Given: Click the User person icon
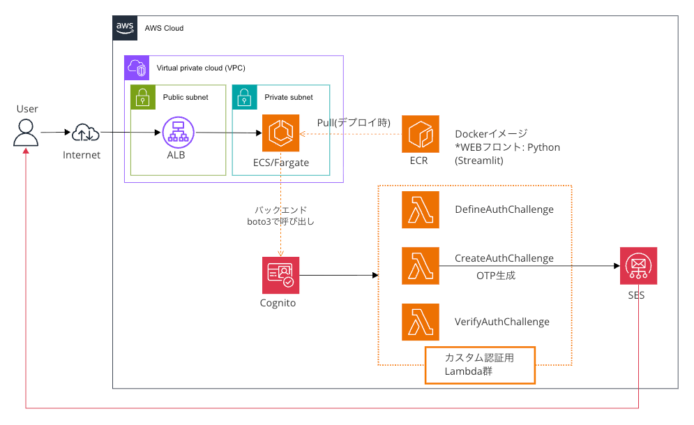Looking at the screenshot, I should click(x=26, y=133).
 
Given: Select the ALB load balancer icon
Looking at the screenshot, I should click(x=176, y=133).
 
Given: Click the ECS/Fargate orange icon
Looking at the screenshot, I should click(x=280, y=133).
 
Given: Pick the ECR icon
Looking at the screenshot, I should click(x=420, y=133).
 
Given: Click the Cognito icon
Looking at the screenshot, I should click(x=280, y=275).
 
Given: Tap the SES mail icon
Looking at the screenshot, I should click(x=638, y=266).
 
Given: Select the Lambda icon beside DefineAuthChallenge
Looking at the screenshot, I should click(x=420, y=209).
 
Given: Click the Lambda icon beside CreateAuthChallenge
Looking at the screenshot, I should click(x=420, y=265).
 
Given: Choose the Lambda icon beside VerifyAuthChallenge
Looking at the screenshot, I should click(x=420, y=322).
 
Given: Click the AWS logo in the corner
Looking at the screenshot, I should click(x=125, y=28).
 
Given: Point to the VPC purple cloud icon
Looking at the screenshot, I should click(x=136, y=68).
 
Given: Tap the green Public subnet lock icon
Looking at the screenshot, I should click(x=142, y=97).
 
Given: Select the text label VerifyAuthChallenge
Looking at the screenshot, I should click(x=502, y=322).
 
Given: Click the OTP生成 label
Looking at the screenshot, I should click(x=495, y=276).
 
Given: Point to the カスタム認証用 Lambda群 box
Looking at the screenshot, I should click(x=479, y=365).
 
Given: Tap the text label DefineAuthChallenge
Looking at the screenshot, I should click(x=504, y=209).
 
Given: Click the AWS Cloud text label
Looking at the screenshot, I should click(x=164, y=28).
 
